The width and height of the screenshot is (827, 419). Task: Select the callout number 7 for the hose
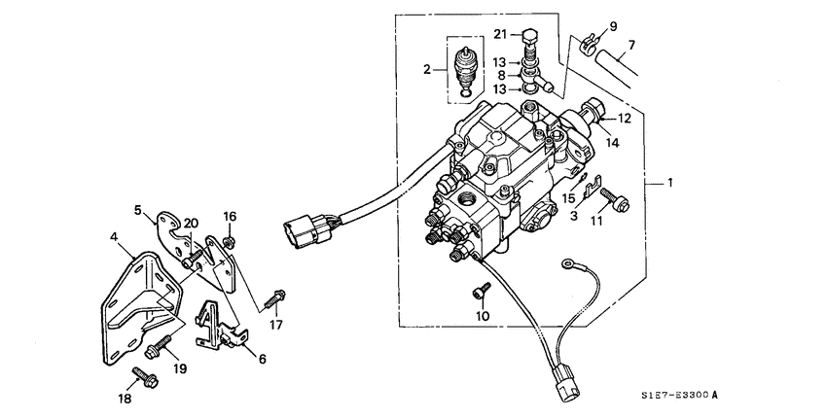[630, 45]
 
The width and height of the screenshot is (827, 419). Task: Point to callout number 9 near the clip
[614, 24]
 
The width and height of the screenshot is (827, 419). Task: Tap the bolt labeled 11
[619, 202]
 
